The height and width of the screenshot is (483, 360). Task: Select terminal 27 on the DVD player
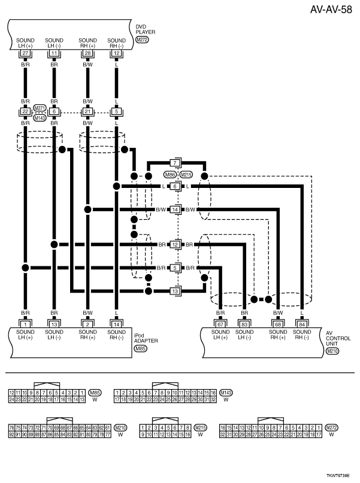[x=25, y=54]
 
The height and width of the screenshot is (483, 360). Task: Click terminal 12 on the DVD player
[x=117, y=54]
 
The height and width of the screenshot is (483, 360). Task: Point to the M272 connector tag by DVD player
[x=142, y=40]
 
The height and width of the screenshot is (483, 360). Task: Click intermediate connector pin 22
[x=25, y=112]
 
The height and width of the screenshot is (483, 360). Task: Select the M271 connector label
[x=40, y=108]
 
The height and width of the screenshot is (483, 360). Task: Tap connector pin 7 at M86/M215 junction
[x=176, y=163]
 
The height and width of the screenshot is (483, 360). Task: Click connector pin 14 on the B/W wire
[x=176, y=209]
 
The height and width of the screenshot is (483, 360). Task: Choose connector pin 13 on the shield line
[x=176, y=291]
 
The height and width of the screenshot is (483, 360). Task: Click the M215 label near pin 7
[x=186, y=175]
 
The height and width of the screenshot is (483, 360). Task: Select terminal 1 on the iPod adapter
[x=25, y=324]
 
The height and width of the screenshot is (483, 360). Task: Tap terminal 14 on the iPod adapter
[x=117, y=324]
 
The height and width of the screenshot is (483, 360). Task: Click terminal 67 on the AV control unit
[x=220, y=324]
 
